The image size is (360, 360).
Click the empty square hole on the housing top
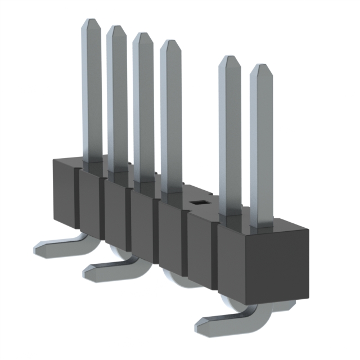pyautogui.click(x=198, y=200)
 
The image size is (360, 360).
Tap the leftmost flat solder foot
pyautogui.click(x=53, y=245)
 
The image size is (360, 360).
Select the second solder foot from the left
pyautogui.click(x=101, y=271)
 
